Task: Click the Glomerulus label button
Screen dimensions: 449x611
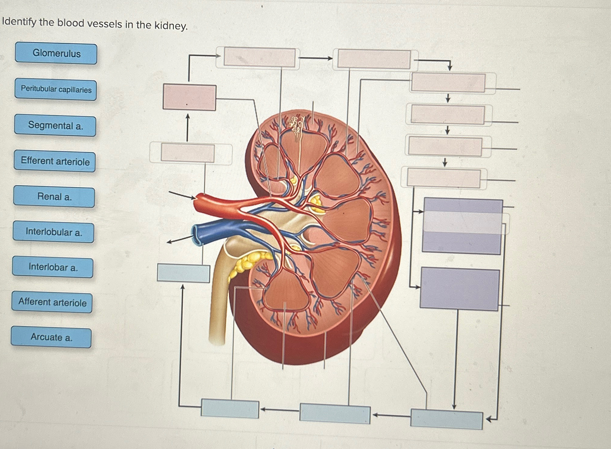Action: [x=56, y=53]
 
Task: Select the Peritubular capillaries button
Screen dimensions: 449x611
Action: [x=56, y=89]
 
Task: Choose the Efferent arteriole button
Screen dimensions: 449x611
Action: [x=55, y=161]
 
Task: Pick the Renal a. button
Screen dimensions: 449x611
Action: [x=54, y=197]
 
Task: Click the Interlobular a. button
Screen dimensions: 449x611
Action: [x=54, y=232]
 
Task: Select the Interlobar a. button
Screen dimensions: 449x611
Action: [x=53, y=267]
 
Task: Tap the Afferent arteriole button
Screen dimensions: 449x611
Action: [x=52, y=302]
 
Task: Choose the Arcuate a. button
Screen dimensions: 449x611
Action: [x=51, y=337]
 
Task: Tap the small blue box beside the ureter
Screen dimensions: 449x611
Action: [x=183, y=273]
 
